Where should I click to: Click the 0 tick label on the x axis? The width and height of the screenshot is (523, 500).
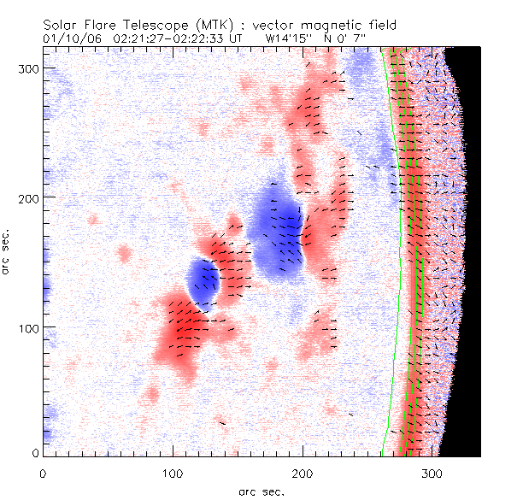point(43,473)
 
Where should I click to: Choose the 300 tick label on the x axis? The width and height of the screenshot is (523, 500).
point(432,473)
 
